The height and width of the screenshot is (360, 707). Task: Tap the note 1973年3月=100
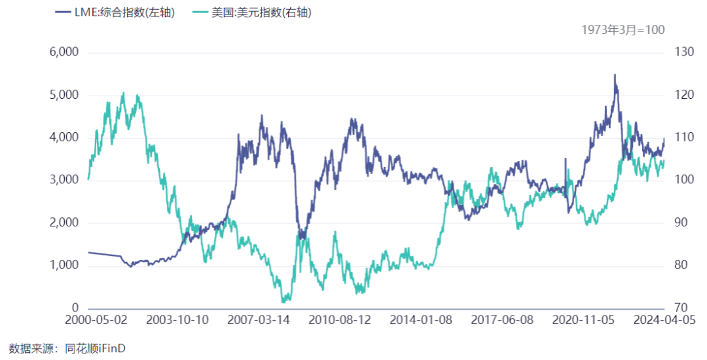(x=623, y=30)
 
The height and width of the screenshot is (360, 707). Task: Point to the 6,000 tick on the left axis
(x=64, y=52)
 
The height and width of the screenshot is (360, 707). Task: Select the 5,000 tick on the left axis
(x=64, y=95)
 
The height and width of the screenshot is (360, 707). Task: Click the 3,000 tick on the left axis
(x=64, y=180)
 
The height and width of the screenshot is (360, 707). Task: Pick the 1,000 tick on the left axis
(x=64, y=265)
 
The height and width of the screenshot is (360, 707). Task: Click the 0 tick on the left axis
(x=75, y=308)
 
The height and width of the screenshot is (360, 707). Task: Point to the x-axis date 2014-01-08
(x=420, y=321)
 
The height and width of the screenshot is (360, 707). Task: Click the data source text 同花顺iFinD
(x=95, y=348)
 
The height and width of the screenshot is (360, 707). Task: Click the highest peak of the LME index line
(x=615, y=75)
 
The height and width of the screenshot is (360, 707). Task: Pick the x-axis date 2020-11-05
(x=583, y=321)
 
